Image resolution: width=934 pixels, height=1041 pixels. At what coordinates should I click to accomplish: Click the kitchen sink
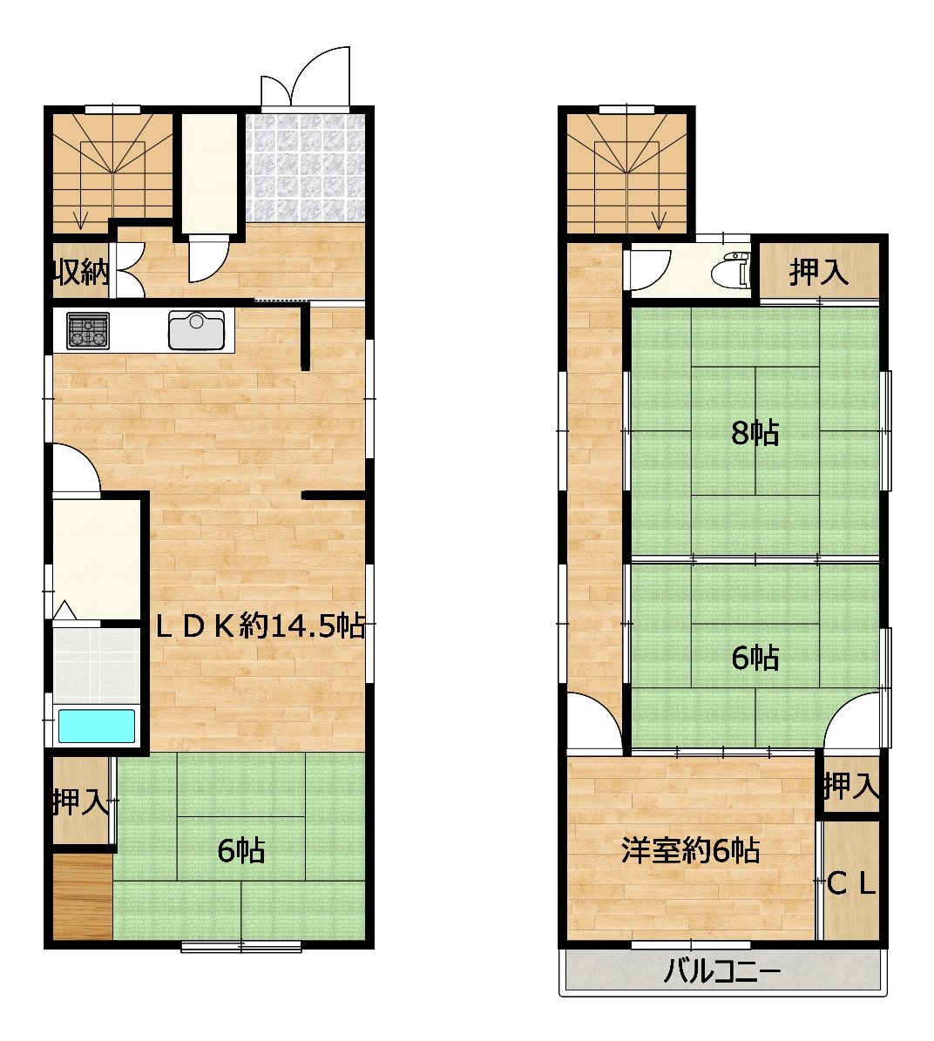coord(197,329)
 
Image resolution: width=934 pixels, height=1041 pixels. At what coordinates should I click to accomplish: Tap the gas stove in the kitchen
coord(88,330)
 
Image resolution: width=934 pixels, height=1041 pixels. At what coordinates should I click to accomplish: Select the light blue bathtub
coord(97,727)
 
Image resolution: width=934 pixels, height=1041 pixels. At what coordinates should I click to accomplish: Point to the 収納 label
coord(81,272)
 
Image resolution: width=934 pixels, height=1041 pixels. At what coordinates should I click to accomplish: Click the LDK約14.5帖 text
coord(261,625)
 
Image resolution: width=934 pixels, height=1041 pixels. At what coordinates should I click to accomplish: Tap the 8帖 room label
coord(755,434)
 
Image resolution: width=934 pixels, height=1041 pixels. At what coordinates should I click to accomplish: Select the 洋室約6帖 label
coord(690,850)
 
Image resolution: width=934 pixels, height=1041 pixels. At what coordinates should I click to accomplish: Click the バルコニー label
coord(722,973)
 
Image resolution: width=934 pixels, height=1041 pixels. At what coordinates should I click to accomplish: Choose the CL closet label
coord(852,883)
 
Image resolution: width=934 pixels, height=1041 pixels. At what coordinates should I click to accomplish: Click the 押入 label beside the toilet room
coord(818,272)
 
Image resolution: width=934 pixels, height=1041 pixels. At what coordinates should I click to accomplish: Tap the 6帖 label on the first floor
coord(241,850)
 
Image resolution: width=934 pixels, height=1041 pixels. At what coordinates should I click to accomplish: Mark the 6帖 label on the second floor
coord(755,658)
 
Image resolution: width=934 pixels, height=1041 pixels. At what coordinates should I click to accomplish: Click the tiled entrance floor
coord(305,168)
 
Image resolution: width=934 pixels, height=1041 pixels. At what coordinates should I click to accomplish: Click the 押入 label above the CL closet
coord(852,787)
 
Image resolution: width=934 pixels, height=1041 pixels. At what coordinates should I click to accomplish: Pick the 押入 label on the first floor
coord(80,802)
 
